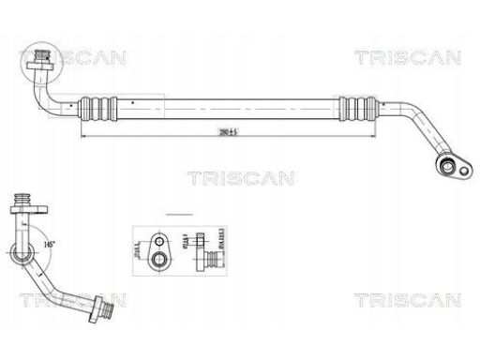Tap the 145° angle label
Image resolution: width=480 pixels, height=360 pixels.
pos(46,243)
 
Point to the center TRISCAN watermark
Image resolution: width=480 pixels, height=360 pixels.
pos(241,177)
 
